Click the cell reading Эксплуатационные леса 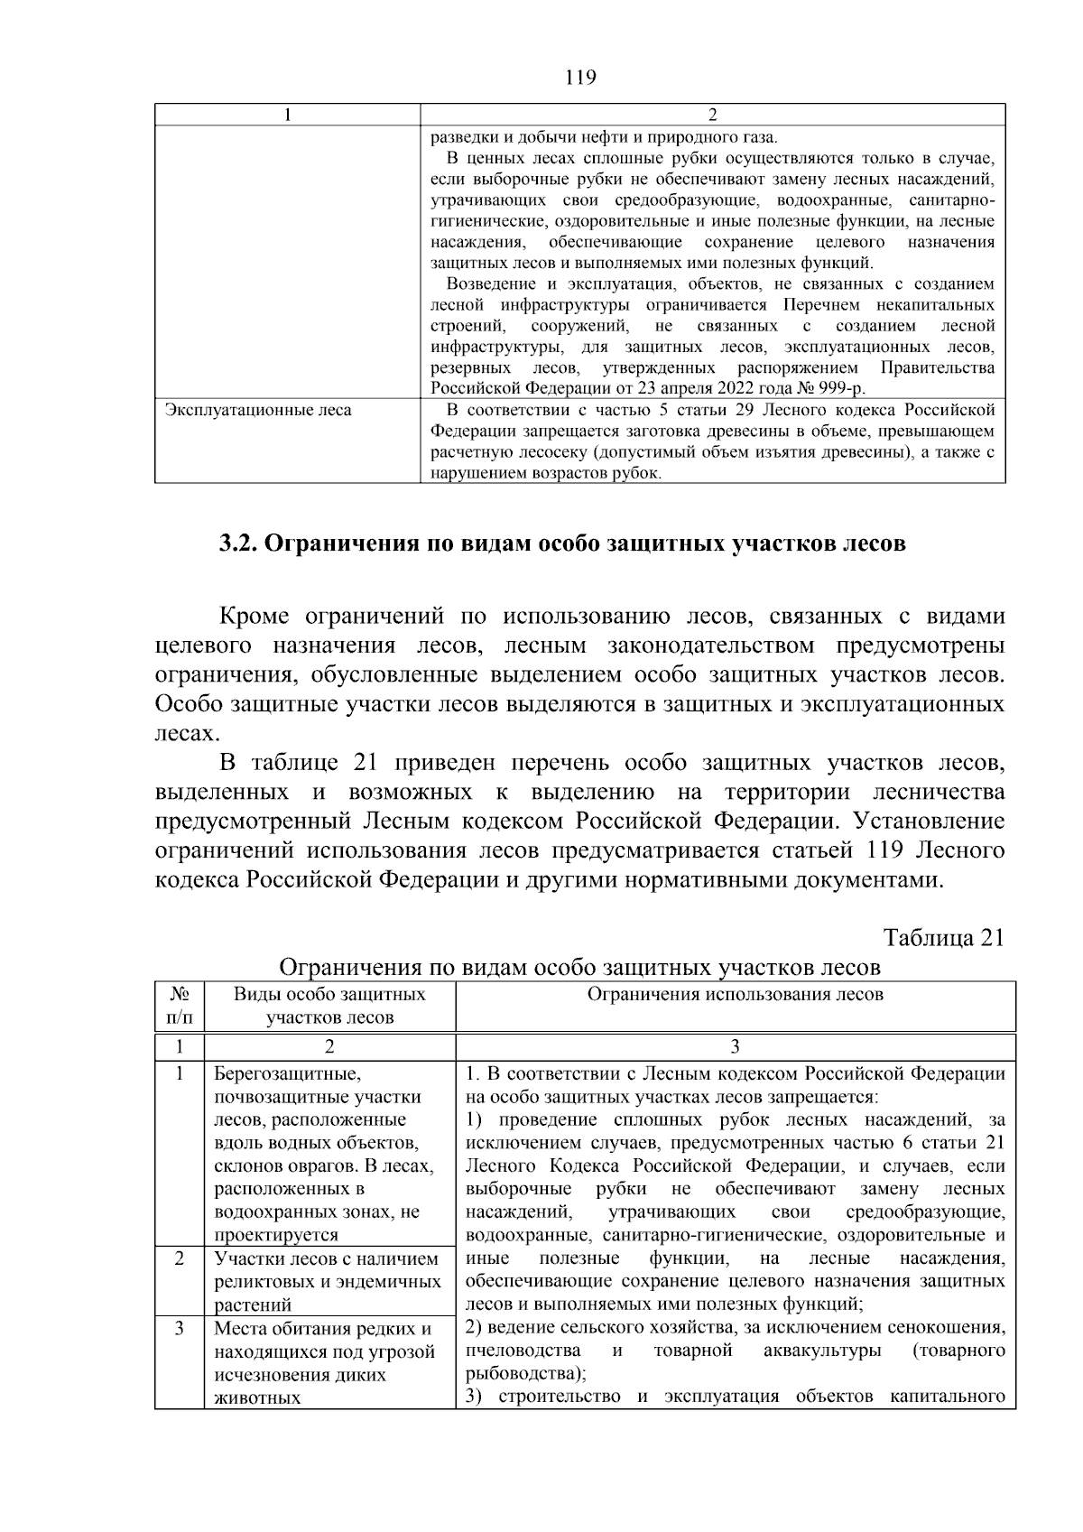pyautogui.click(x=258, y=411)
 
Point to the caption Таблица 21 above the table pyautogui.click(x=943, y=937)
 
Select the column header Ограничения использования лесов pyautogui.click(x=735, y=995)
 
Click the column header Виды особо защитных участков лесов pyautogui.click(x=329, y=1006)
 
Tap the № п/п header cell pyautogui.click(x=180, y=1006)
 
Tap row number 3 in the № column pyautogui.click(x=180, y=1329)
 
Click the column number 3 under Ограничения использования pyautogui.click(x=735, y=1046)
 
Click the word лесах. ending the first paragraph pyautogui.click(x=188, y=733)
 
